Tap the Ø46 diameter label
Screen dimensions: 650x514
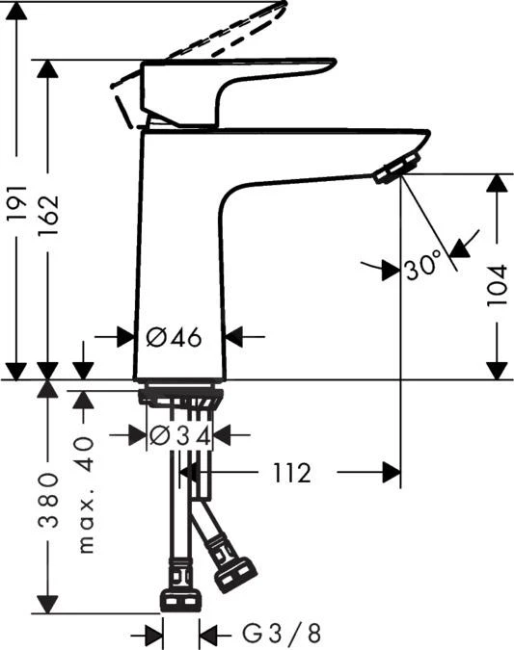coord(173,337)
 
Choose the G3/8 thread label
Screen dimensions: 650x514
coord(280,634)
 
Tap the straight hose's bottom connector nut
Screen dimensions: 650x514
coord(179,599)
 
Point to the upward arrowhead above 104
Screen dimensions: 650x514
coord(497,185)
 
